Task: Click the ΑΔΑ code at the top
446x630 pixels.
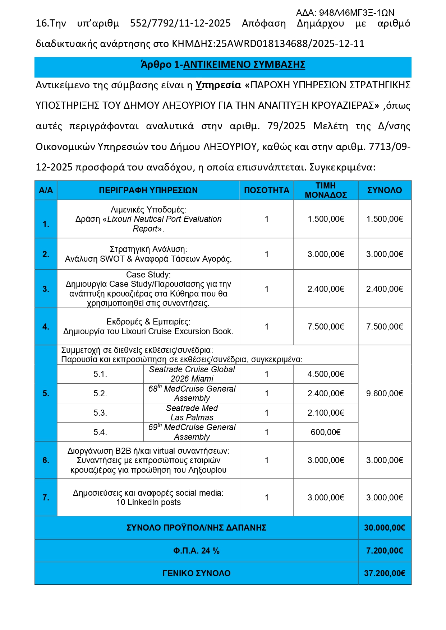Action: pyautogui.click(x=345, y=13)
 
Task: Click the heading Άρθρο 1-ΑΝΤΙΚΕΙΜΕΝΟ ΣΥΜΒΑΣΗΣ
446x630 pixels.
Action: pyautogui.click(x=223, y=65)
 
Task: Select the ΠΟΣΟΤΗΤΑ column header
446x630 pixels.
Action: pyautogui.click(x=266, y=190)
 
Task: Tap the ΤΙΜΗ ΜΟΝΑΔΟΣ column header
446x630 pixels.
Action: pyautogui.click(x=326, y=190)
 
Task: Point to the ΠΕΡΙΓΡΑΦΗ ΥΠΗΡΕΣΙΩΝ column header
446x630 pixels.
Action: pyautogui.click(x=148, y=190)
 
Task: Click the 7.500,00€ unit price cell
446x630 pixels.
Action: pyautogui.click(x=326, y=327)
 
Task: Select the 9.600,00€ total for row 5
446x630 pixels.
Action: pyautogui.click(x=384, y=393)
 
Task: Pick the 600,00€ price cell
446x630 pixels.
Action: pyautogui.click(x=326, y=432)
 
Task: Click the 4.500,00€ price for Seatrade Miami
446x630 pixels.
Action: pyautogui.click(x=326, y=374)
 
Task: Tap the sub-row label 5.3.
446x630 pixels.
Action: pyautogui.click(x=100, y=413)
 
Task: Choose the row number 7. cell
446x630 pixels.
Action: pyautogui.click(x=46, y=498)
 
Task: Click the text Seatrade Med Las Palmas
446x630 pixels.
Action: pyautogui.click(x=192, y=413)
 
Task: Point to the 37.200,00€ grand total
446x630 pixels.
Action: pyautogui.click(x=384, y=573)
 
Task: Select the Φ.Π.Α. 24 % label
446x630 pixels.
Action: pyautogui.click(x=196, y=551)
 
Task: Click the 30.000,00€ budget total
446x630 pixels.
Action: pyautogui.click(x=384, y=528)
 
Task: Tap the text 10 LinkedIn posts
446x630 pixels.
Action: pyautogui.click(x=148, y=502)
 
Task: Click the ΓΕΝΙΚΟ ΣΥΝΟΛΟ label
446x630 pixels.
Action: pyautogui.click(x=196, y=573)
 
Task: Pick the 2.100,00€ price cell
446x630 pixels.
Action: pyautogui.click(x=326, y=413)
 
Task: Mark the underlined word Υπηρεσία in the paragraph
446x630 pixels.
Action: pyautogui.click(x=218, y=85)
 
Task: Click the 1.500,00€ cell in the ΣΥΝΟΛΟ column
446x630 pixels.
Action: pyautogui.click(x=384, y=219)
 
